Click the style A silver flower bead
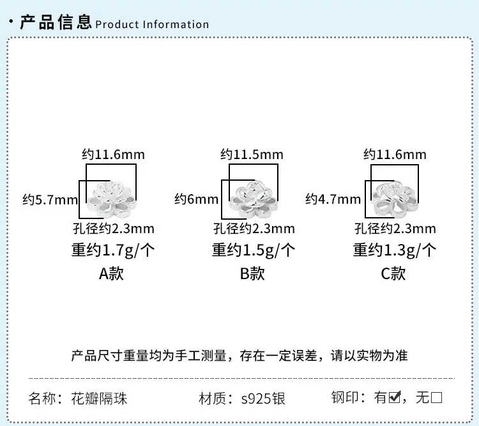112,199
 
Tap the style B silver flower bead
254,199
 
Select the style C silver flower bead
395,199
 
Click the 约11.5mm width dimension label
252,155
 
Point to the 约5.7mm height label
50,200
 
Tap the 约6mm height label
197,199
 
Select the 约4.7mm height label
333,199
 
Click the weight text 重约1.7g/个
113,250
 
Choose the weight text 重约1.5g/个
254,250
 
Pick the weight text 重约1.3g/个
395,250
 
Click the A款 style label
112,273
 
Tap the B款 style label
252,273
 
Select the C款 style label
393,273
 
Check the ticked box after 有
395,397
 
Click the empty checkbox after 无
437,398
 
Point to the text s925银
263,399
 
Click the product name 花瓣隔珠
99,399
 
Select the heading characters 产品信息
56,22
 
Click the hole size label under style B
254,229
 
